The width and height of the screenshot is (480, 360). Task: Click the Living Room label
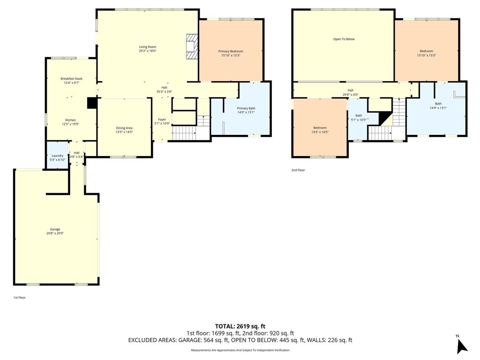[147, 47]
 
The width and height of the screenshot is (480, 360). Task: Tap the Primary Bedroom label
[231, 51]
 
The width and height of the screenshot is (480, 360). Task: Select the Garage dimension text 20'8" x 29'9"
[55, 233]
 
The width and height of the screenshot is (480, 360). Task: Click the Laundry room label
[57, 156]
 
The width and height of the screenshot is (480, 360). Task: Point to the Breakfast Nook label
[70, 78]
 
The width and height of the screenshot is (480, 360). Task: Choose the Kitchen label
[70, 120]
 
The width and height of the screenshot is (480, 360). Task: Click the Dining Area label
[124, 128]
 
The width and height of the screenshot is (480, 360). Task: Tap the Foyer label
[162, 120]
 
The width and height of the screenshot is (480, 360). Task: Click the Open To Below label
[344, 39]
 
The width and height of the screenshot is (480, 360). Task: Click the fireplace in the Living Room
[192, 46]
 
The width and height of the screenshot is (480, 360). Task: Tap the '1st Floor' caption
[20, 297]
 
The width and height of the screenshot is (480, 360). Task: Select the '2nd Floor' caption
[298, 170]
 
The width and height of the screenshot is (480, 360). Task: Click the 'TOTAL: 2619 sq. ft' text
[240, 326]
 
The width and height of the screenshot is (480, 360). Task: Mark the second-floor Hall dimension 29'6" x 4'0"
[350, 95]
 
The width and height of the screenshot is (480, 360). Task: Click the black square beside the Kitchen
[91, 103]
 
